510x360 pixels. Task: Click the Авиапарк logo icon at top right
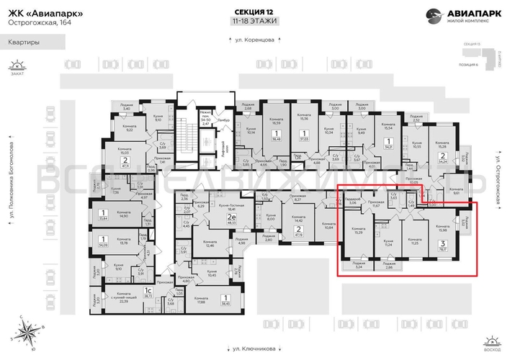[434, 14]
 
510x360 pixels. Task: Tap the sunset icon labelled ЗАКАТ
[17, 66]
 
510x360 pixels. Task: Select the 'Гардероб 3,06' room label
[352, 202]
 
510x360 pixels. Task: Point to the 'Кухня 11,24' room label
[388, 243]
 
